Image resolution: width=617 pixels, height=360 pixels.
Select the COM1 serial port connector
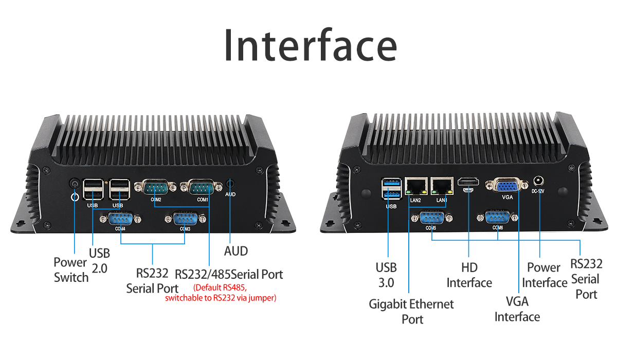(203, 187)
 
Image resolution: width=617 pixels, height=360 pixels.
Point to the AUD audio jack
(230, 183)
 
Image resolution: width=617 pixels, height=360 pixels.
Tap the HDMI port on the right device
(468, 183)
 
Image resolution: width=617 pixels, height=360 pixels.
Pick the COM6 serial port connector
(497, 218)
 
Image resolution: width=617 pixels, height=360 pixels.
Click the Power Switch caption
(71, 270)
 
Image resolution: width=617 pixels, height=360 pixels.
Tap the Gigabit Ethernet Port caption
(411, 311)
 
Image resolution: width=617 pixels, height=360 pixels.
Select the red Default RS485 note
(221, 293)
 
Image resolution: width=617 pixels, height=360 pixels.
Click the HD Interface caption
(469, 275)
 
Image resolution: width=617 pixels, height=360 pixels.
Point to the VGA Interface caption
(517, 309)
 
